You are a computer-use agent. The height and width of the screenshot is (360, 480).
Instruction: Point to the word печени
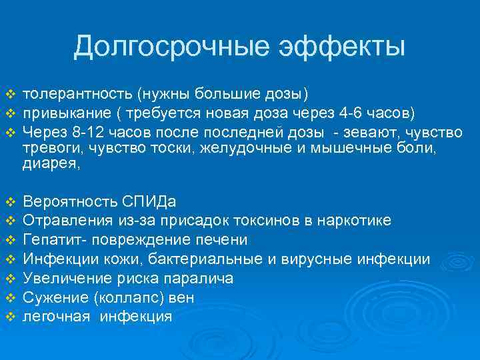(x=223, y=239)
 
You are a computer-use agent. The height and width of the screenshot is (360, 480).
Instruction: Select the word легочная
(x=56, y=317)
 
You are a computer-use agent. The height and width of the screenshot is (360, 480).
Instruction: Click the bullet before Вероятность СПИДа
(x=10, y=201)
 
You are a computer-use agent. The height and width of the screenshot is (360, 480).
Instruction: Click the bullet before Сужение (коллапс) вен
(x=10, y=297)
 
